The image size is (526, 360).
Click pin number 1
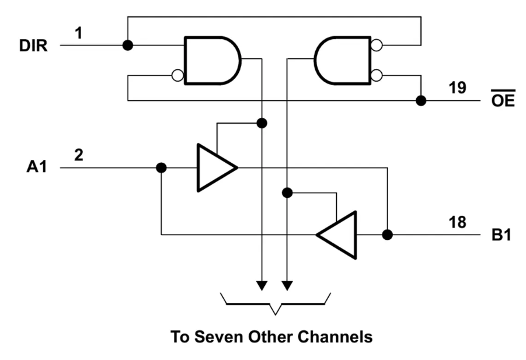(78, 34)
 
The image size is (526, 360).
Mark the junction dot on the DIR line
(127, 45)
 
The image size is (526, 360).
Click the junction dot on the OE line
(420, 101)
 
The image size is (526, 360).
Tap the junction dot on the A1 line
(162, 168)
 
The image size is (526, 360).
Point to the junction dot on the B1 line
(387, 235)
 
